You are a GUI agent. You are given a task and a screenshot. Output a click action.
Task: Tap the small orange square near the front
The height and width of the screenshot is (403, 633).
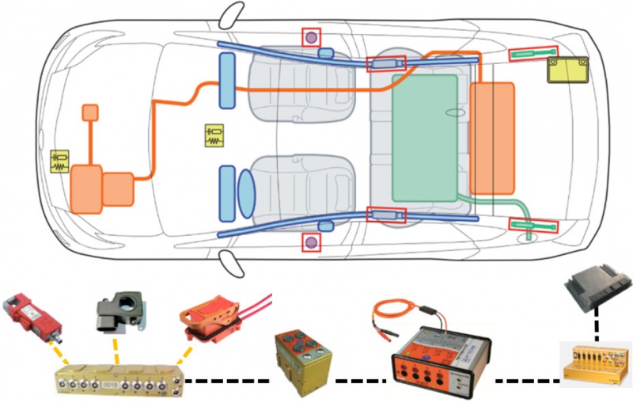[90, 112]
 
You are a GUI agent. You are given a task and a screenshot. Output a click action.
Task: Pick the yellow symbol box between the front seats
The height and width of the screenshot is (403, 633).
[214, 135]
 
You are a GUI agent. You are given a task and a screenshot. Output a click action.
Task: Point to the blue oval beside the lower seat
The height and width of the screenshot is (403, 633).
[244, 192]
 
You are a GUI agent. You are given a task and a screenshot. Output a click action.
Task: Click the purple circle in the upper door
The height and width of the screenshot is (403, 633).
[311, 36]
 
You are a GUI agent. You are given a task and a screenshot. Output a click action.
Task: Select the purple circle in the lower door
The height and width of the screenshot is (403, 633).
[312, 241]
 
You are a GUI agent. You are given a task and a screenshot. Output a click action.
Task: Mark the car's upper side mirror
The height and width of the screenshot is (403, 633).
[233, 13]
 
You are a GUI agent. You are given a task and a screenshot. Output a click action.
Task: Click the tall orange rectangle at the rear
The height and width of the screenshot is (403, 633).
[492, 139]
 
